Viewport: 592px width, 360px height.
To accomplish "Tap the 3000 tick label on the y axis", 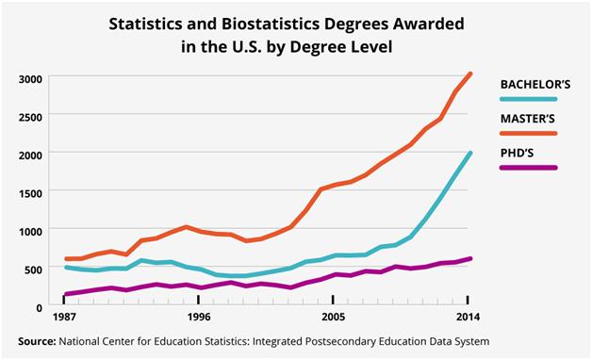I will coord(31,78).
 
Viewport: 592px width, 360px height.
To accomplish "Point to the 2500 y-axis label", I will coord(31,116).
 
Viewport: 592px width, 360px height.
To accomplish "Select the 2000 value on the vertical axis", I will coord(31,155).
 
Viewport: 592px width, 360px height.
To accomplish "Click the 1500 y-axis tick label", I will coord(31,192).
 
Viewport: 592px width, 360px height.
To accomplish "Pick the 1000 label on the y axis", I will coord(31,231).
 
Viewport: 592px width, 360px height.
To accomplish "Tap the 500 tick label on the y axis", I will coord(35,269).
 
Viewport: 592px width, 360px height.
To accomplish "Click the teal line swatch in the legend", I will coord(529,99).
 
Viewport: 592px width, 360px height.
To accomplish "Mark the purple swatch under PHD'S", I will coord(529,168).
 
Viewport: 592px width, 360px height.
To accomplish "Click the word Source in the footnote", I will coord(39,340).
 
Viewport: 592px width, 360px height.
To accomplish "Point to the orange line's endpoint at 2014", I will coord(469,74).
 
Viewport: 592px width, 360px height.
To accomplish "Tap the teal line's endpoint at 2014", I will coord(469,154).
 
